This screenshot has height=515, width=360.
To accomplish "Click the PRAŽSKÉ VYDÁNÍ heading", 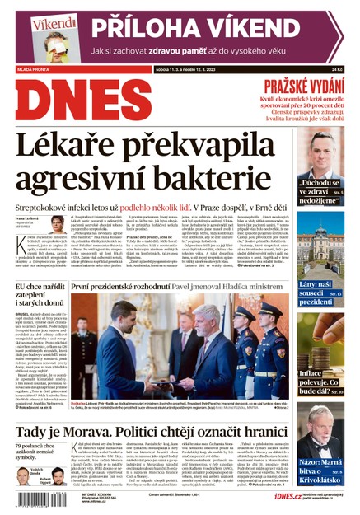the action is (x=302, y=86).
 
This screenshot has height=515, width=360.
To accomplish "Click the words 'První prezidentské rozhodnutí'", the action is (x=125, y=286).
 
